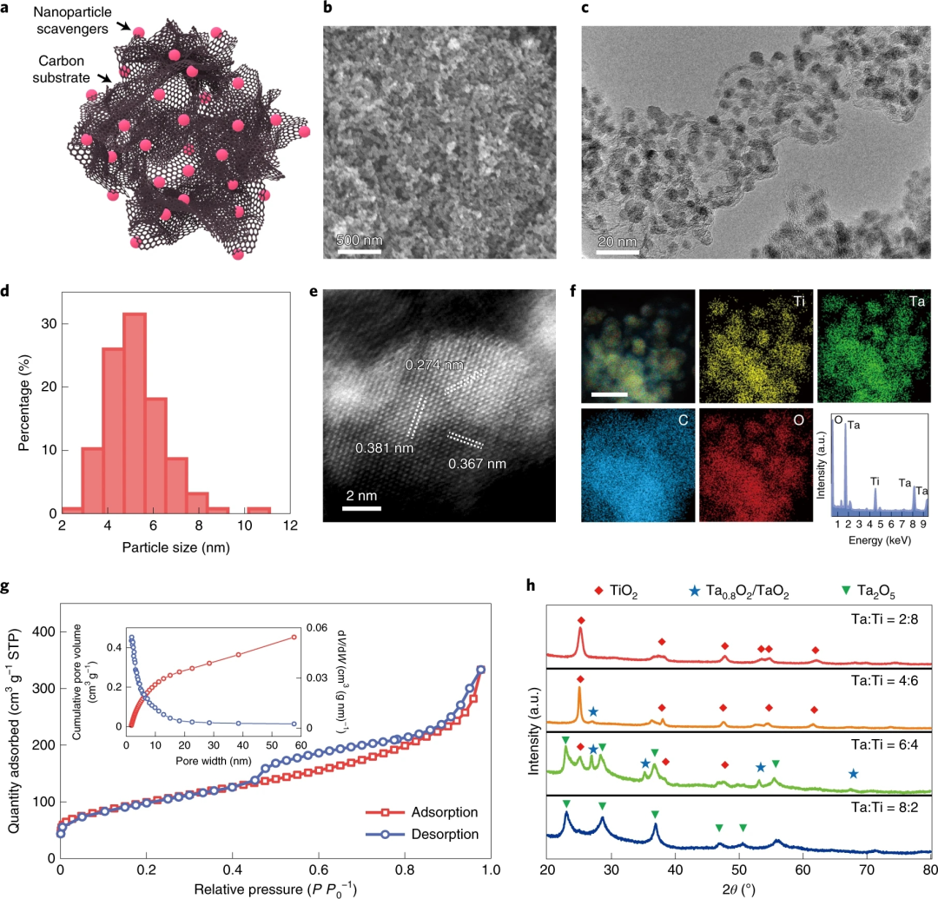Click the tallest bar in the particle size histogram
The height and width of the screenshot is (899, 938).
pos(134,413)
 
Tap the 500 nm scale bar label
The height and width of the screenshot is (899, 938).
pos(359,240)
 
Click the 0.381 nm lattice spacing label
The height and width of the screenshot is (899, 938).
pos(384,449)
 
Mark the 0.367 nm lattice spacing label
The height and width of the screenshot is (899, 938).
pos(477,464)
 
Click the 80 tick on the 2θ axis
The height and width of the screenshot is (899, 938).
pos(928,869)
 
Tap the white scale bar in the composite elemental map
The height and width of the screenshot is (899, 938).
pos(610,394)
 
